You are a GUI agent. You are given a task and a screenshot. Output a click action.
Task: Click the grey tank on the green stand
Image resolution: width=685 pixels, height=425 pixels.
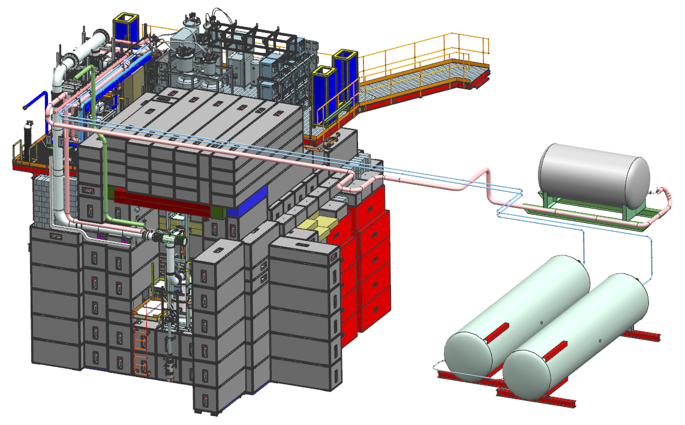point(594,174)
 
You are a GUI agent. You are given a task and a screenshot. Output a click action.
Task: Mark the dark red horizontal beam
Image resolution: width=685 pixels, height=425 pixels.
point(162,201)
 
